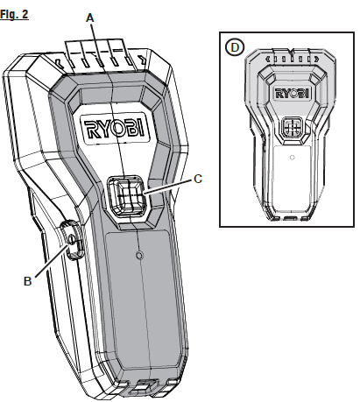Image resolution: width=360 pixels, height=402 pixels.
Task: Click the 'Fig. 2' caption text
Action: (x=16, y=15)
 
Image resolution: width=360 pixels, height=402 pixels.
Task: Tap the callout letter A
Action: (x=90, y=17)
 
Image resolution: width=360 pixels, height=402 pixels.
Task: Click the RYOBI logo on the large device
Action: (x=119, y=132)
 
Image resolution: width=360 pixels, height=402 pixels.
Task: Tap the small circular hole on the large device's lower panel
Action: (x=138, y=256)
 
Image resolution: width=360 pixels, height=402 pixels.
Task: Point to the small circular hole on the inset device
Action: (x=291, y=158)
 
